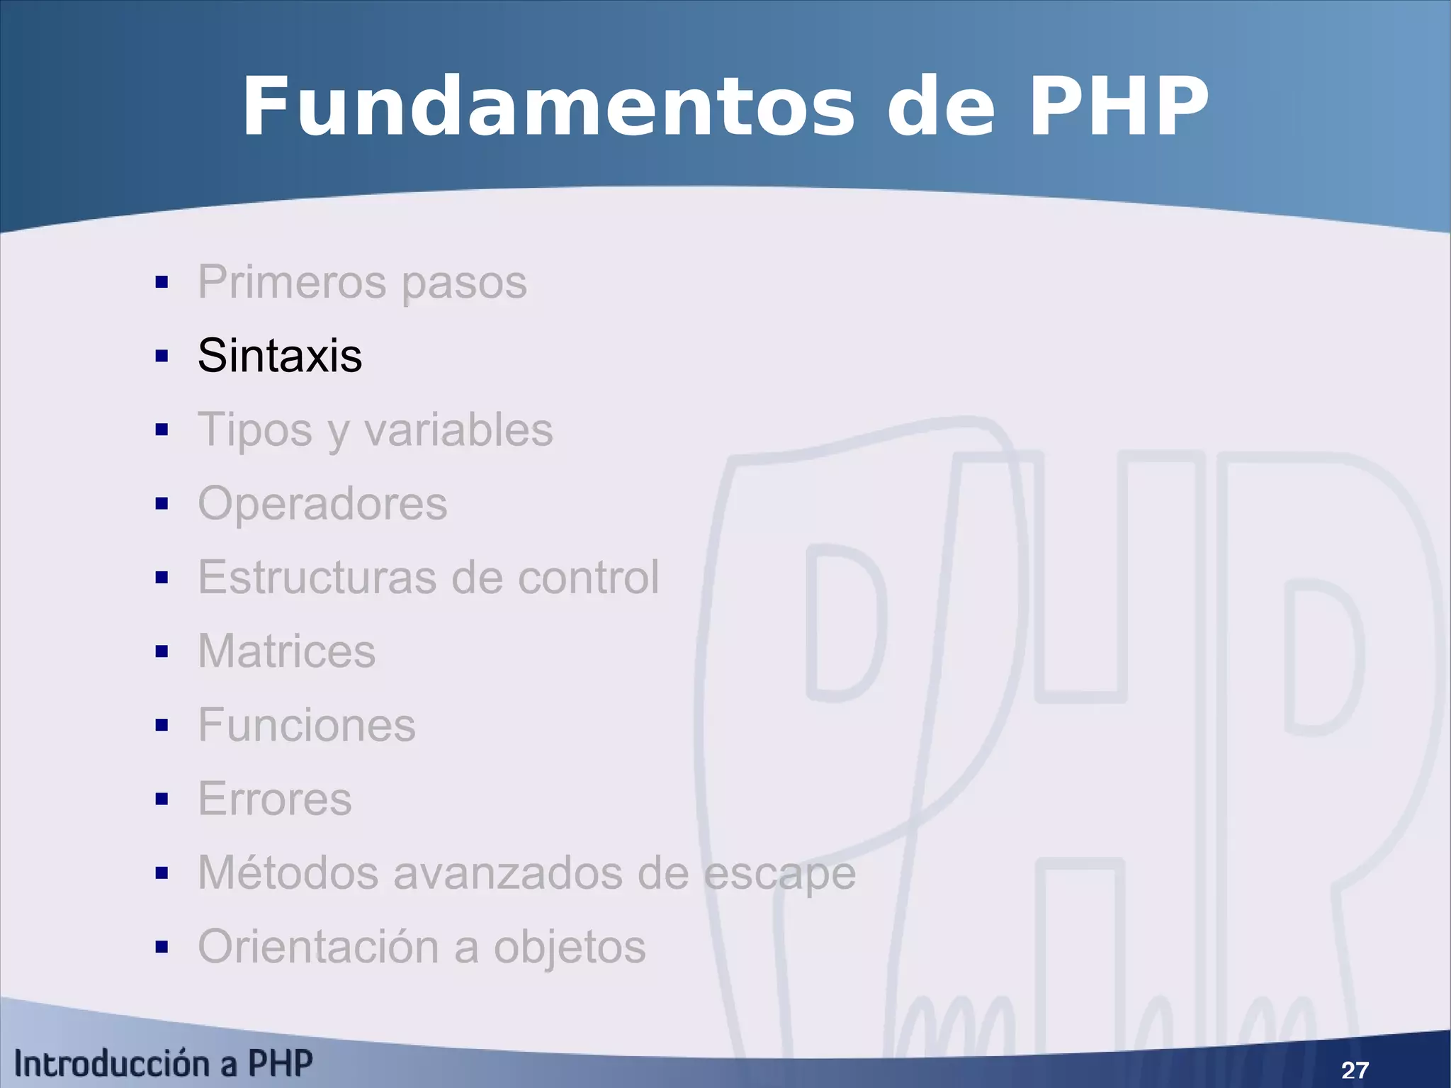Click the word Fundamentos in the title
click(x=549, y=108)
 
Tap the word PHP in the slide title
click(x=1118, y=108)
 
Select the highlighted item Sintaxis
click(x=280, y=355)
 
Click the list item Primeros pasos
click(x=362, y=282)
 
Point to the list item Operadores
click(x=322, y=504)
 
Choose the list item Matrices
click(x=286, y=651)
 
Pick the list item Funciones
click(x=306, y=725)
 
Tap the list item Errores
click(x=275, y=799)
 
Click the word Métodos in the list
click(x=288, y=873)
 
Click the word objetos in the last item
click(x=570, y=948)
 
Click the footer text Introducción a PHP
click(x=163, y=1063)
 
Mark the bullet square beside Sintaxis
click(x=162, y=356)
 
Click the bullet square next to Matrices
click(x=162, y=651)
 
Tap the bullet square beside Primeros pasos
click(x=162, y=282)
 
